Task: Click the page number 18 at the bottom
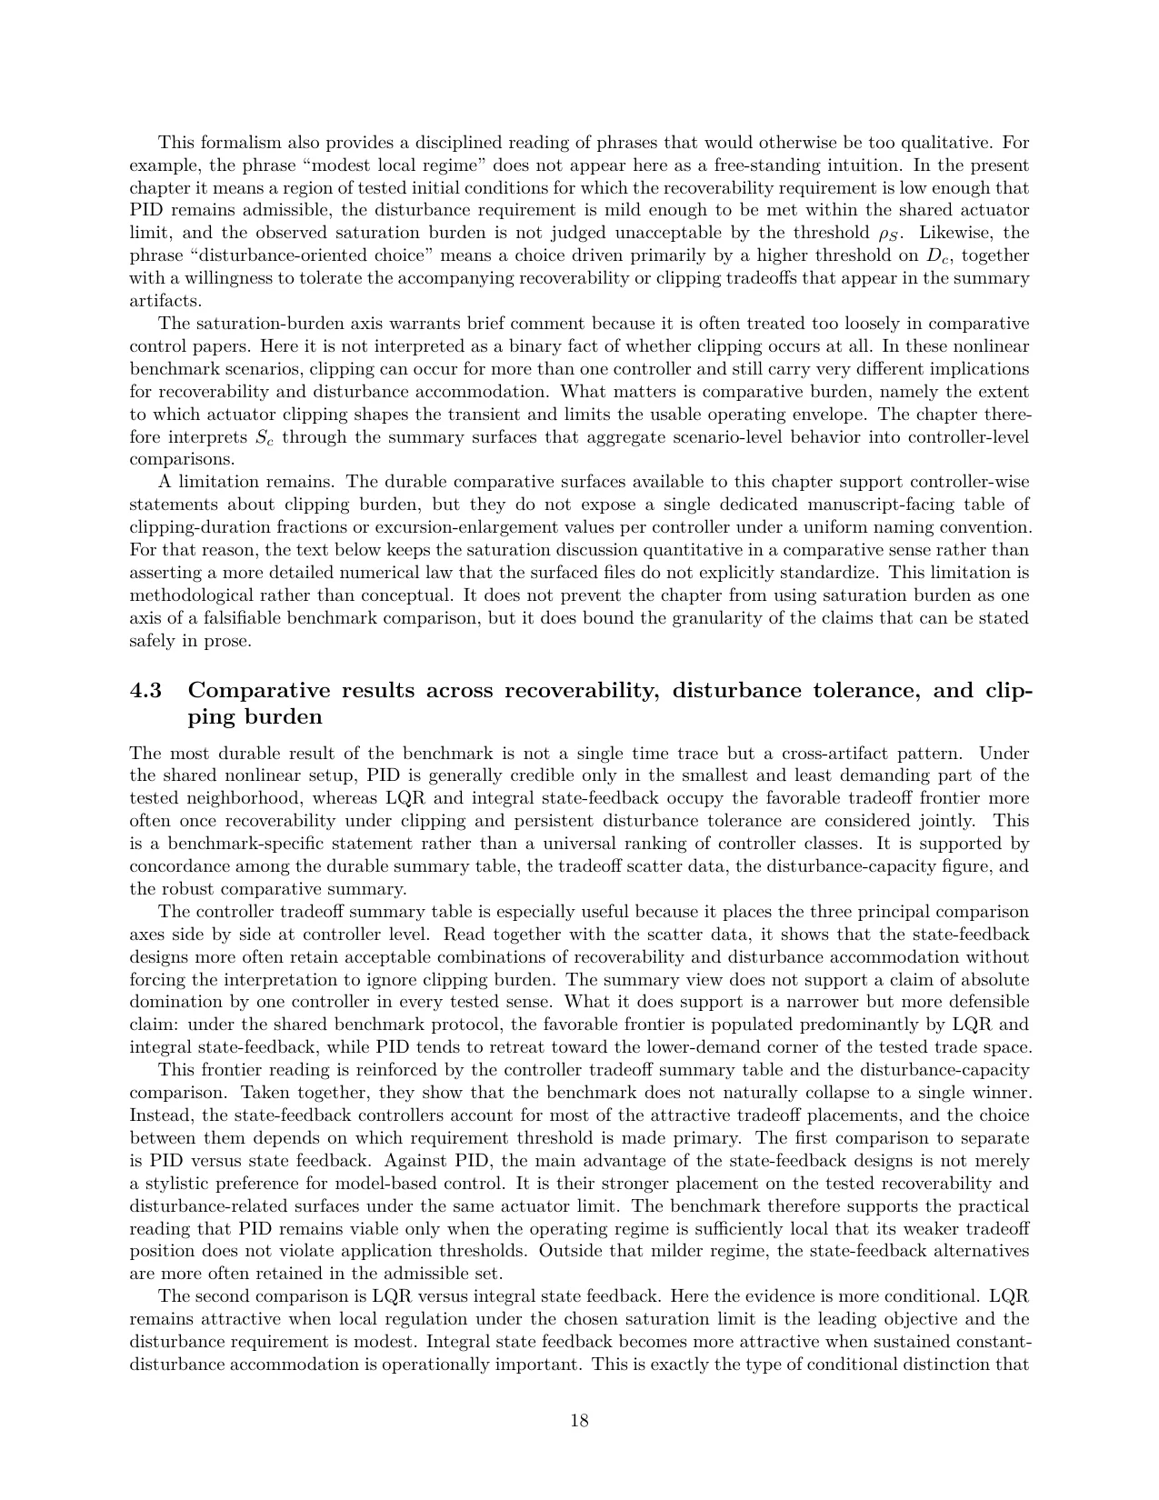[x=579, y=1421]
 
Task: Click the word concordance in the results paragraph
[x=174, y=866]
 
